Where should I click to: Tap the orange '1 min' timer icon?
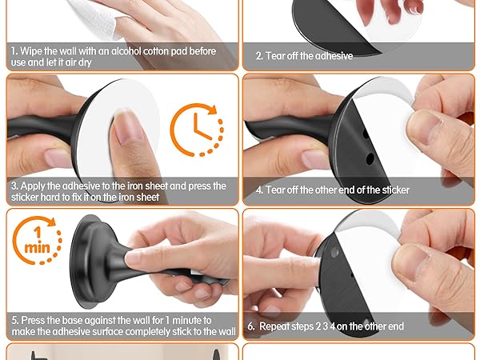38,241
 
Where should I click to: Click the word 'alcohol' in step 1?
126,51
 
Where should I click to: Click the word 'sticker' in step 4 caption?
396,190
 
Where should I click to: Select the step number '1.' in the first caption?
14,51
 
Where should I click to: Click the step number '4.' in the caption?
259,190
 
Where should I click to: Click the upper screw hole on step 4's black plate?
366,134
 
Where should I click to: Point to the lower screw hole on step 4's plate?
370,158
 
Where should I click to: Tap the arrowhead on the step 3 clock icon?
211,110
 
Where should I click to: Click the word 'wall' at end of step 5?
227,331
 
